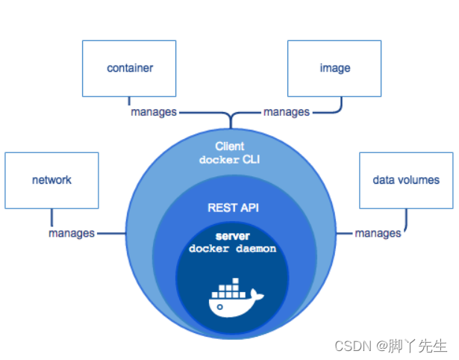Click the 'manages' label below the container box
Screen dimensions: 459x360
154,112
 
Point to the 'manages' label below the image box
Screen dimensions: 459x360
287,112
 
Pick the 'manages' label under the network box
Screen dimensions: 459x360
72,234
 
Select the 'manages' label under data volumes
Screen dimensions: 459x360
378,234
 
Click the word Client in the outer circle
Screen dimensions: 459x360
230,146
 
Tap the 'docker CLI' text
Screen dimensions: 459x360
230,160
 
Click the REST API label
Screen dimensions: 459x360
234,208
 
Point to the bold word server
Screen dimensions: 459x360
233,236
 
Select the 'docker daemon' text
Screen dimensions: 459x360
232,249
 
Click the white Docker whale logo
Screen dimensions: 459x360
236,298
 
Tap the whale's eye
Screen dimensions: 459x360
220,307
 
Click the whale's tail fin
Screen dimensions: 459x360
257,295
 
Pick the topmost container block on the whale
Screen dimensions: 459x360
235,281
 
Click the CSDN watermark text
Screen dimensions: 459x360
354,347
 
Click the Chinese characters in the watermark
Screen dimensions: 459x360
418,346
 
